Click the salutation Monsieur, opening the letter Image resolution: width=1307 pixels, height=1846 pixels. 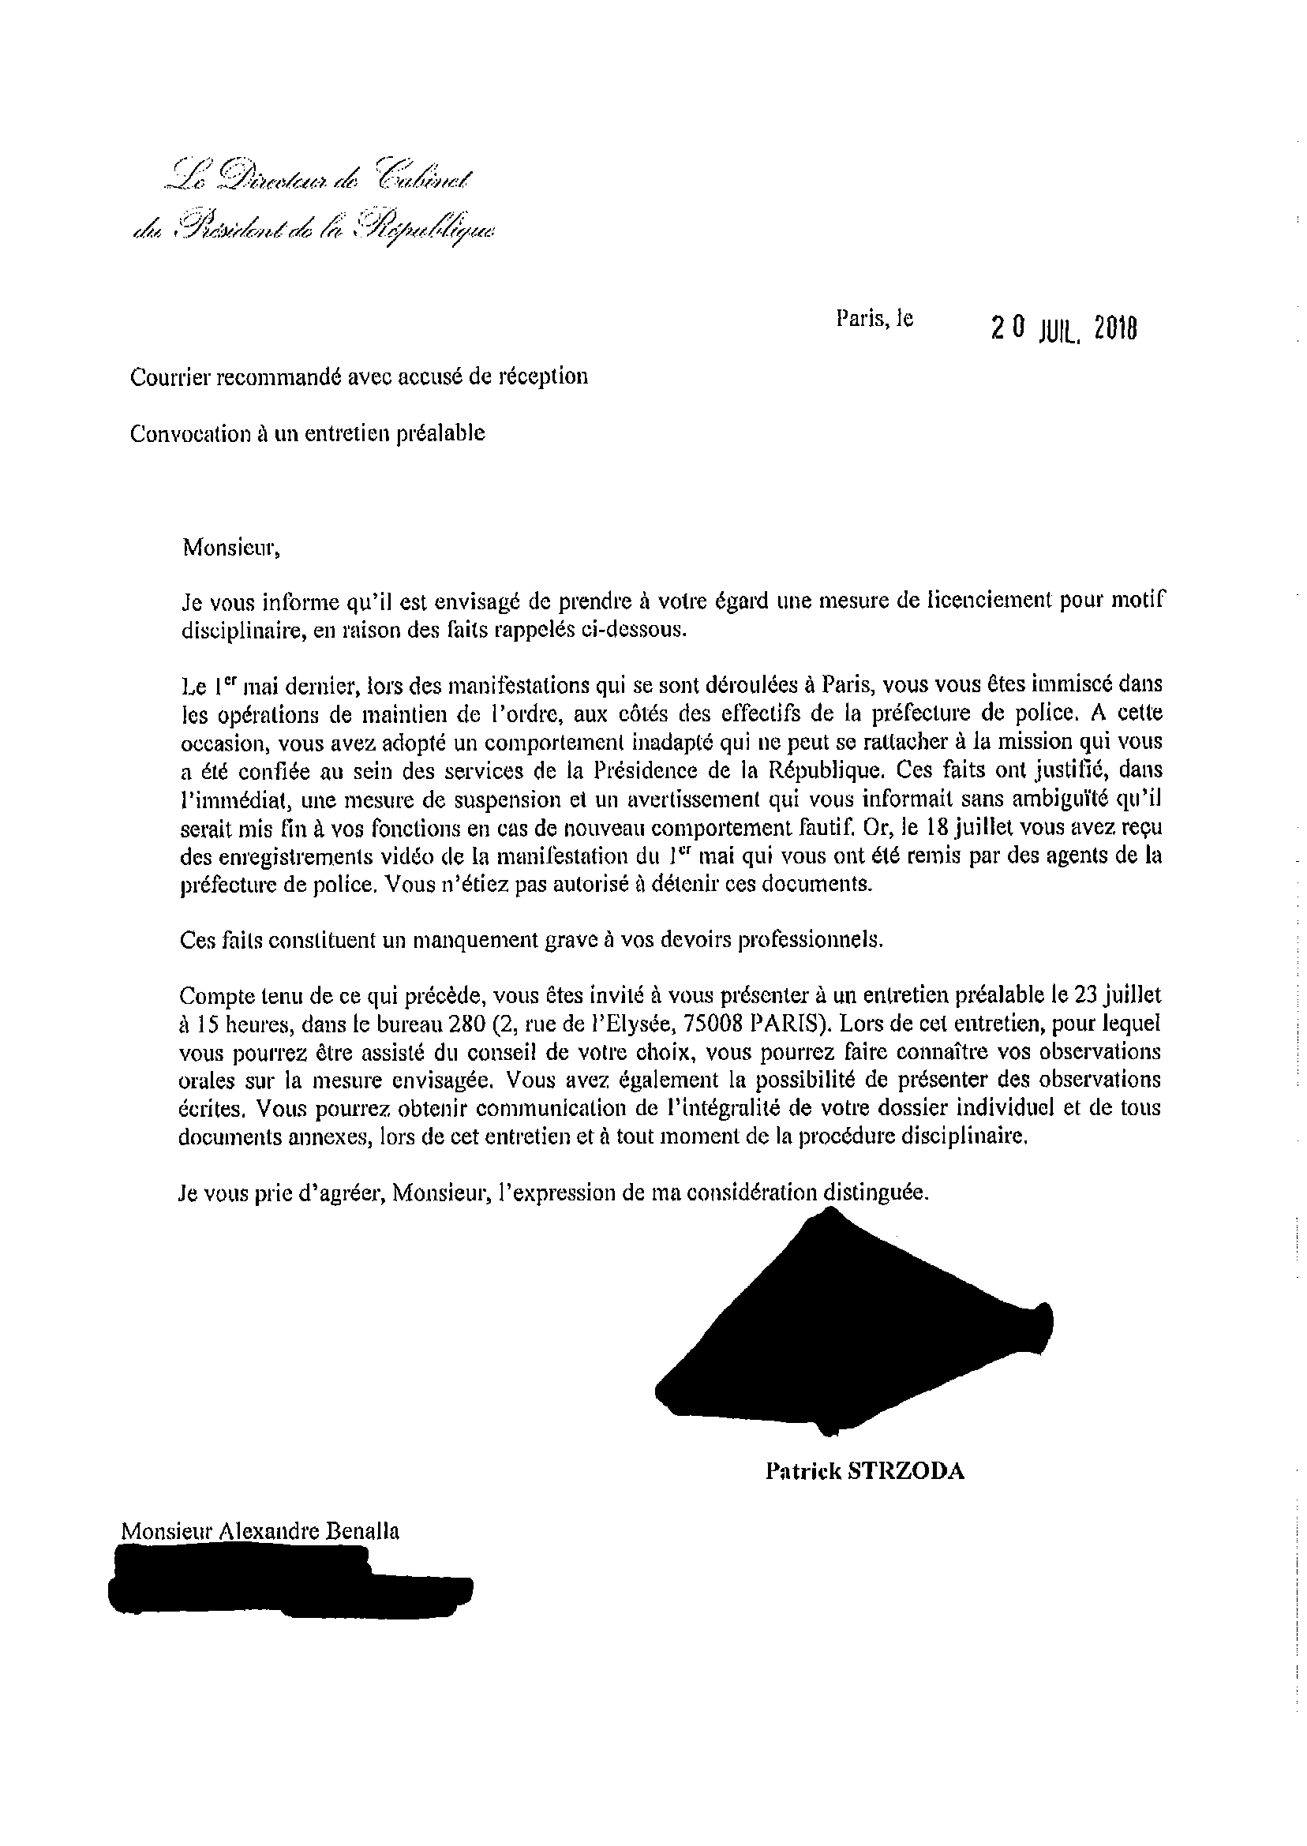232,548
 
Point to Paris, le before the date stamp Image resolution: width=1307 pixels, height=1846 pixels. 874,319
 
